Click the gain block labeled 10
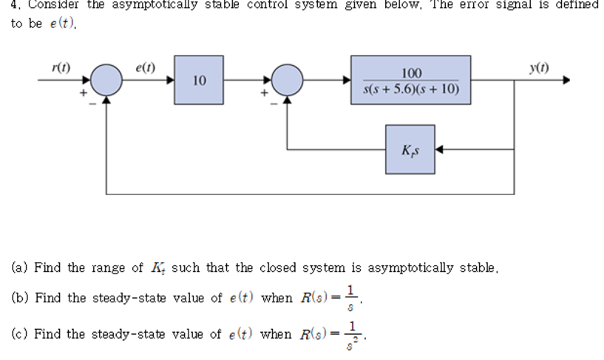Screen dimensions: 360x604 coord(199,80)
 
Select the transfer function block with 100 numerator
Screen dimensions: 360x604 coord(411,80)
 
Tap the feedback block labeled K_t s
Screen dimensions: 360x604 coord(410,149)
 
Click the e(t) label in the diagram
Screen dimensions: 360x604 coord(145,67)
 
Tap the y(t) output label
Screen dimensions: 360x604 coord(538,67)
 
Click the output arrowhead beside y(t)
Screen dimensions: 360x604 coord(567,80)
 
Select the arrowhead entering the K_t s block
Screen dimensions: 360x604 coord(439,149)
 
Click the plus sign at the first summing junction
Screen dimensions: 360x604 coord(84,92)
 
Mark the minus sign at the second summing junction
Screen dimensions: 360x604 coord(273,104)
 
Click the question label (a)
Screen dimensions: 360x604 coord(19,268)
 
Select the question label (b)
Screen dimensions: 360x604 coord(19,298)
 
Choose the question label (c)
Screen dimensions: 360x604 coord(19,334)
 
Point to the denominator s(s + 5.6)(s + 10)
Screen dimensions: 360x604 coord(411,89)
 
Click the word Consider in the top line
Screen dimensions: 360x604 coord(55,5)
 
